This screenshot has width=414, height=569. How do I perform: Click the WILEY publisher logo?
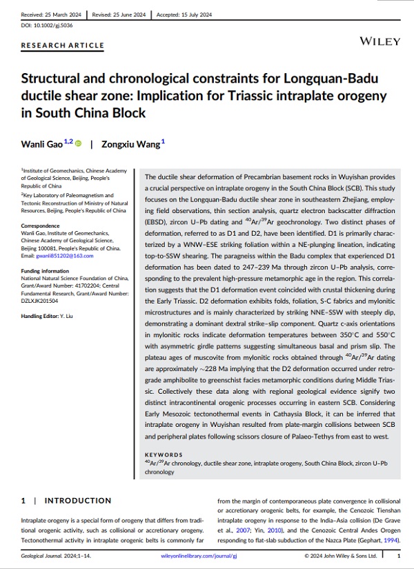point(379,41)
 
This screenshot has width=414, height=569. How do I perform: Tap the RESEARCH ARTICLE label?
point(63,46)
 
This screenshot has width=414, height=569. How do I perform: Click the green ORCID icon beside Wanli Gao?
point(78,143)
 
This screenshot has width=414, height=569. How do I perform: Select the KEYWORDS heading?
point(164,455)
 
